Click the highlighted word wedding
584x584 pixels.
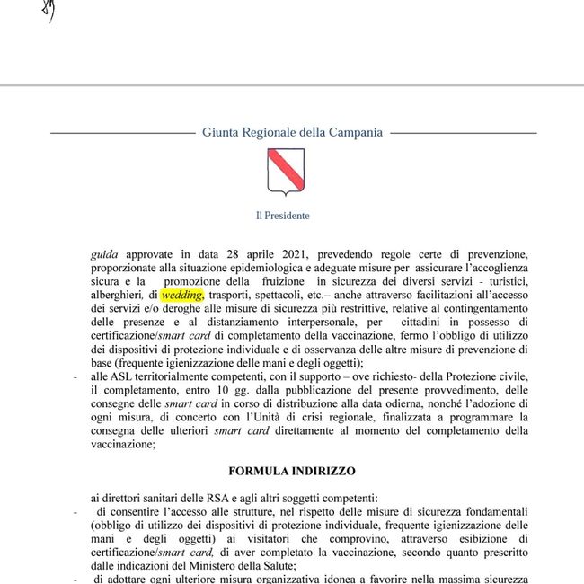coord(182,295)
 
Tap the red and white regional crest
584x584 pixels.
coord(286,172)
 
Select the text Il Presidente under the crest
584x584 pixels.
coord(282,216)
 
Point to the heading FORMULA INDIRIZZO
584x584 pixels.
coord(292,471)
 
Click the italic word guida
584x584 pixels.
coord(104,255)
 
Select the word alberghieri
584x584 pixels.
coord(117,295)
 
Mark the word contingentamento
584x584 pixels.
coord(484,308)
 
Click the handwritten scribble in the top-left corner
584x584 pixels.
coord(50,11)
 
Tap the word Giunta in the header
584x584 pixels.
coord(221,132)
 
